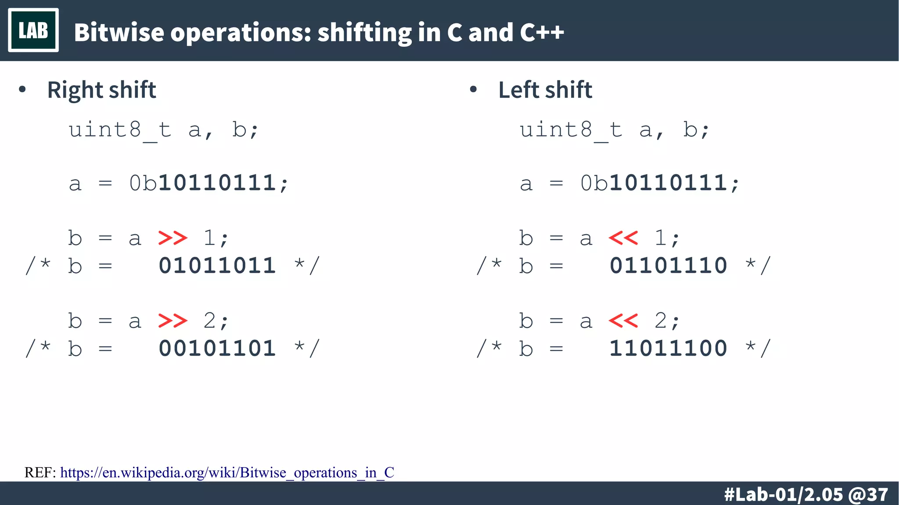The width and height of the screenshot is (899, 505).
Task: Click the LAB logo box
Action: pyautogui.click(x=33, y=30)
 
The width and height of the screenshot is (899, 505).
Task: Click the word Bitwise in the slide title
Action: pyautogui.click(x=119, y=32)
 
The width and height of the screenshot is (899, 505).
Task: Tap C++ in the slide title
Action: pyautogui.click(x=542, y=32)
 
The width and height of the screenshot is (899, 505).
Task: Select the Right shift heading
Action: pyautogui.click(x=101, y=90)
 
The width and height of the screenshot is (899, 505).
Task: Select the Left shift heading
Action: pyautogui.click(x=545, y=90)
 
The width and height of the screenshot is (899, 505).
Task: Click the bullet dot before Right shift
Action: pyautogui.click(x=22, y=90)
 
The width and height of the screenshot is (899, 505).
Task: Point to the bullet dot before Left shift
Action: pyautogui.click(x=473, y=90)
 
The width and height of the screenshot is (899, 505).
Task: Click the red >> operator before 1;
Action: pyautogui.click(x=173, y=238)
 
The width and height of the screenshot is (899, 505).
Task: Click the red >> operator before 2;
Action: pyautogui.click(x=173, y=321)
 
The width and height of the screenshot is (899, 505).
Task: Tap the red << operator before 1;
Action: pyautogui.click(x=623, y=238)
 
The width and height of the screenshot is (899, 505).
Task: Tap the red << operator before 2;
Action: pyautogui.click(x=623, y=321)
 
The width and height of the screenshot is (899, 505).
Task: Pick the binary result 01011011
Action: pyautogui.click(x=217, y=266)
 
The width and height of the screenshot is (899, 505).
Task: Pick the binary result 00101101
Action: pyautogui.click(x=217, y=348)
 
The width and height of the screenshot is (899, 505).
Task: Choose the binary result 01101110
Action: pyautogui.click(x=668, y=266)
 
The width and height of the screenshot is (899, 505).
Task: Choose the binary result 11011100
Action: pyautogui.click(x=668, y=348)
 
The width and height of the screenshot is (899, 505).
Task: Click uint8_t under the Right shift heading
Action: pyautogui.click(x=120, y=130)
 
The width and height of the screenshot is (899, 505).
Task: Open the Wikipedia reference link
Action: pyautogui.click(x=227, y=473)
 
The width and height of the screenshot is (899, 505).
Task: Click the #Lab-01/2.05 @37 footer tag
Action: pyautogui.click(x=806, y=494)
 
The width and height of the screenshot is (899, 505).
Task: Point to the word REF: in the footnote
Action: pyautogui.click(x=40, y=473)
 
